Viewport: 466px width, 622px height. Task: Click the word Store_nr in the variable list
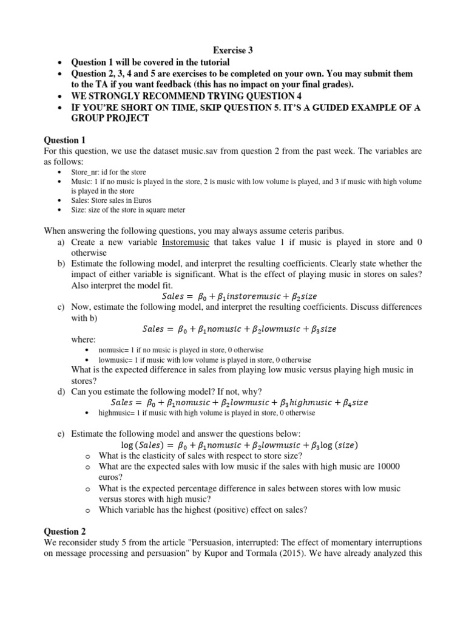pos(85,172)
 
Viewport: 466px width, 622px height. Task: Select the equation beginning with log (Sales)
pos(240,445)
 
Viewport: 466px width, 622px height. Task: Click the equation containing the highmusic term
pos(240,402)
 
